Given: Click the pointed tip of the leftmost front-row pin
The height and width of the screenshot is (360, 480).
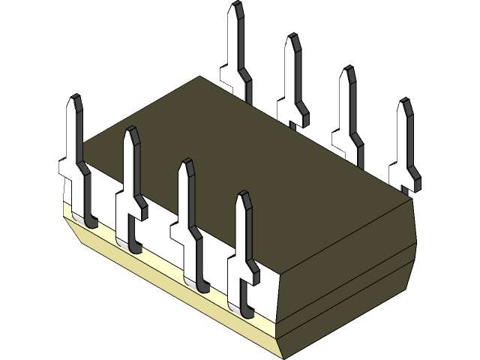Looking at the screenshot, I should click(73, 97).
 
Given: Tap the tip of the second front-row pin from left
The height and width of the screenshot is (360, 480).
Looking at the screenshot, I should click(130, 129).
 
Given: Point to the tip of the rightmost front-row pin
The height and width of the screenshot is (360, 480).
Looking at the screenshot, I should click(242, 193).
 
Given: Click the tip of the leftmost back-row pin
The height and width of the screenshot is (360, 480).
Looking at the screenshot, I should click(237, 4).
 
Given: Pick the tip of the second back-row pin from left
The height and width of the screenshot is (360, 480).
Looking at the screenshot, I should click(291, 36).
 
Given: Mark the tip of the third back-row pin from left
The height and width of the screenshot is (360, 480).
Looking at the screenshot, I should click(347, 69).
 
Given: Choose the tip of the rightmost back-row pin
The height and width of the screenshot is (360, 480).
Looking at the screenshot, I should click(404, 100).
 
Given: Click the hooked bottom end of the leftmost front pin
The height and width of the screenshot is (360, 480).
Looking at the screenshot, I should click(90, 223).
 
